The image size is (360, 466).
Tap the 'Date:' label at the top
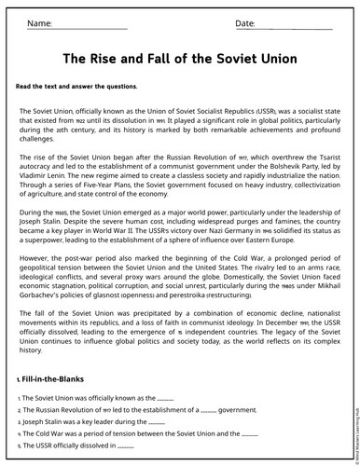pos(245,22)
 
